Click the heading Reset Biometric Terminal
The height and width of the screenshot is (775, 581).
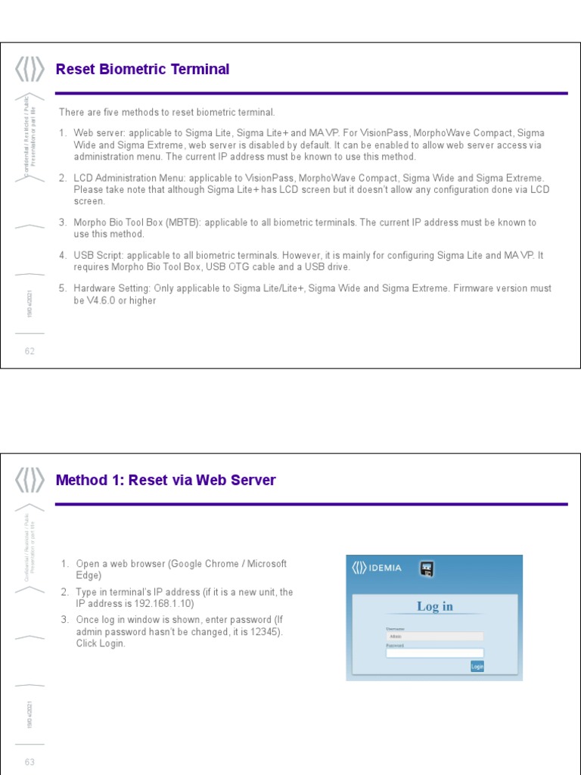pos(142,70)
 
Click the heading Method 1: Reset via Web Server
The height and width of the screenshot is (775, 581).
pos(166,481)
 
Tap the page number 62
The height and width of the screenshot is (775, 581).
pos(30,351)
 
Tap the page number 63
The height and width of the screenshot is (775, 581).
pos(30,762)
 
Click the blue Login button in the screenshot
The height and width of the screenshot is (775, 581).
pos(477,666)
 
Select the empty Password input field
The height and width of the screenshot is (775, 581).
pos(434,652)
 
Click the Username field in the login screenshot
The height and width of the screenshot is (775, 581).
pos(434,636)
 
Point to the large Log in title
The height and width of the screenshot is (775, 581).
pos(435,606)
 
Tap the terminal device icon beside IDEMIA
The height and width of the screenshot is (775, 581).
pos(427,568)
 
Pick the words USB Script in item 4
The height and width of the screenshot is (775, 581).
pos(98,255)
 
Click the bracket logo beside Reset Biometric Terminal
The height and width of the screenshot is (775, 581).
pos(30,70)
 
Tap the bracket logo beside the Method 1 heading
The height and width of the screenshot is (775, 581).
pos(30,481)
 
